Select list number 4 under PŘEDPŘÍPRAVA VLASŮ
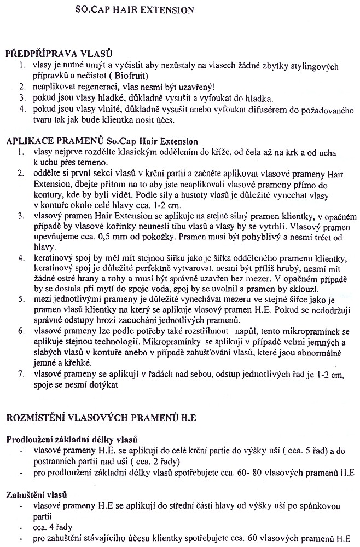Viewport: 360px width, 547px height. coord(22,110)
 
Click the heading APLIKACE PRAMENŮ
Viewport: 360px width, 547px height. coord(102,141)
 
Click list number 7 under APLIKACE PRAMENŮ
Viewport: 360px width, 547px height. coord(22,375)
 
